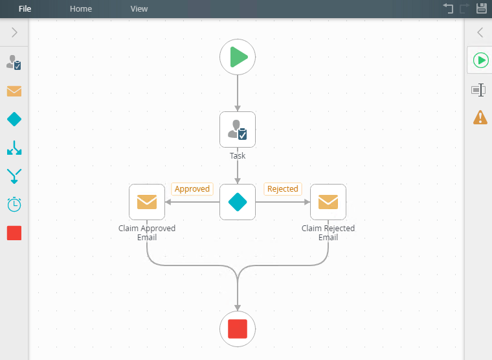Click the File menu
click(25, 9)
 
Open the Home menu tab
click(81, 9)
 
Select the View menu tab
click(139, 9)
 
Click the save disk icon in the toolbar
click(482, 8)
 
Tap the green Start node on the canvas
click(238, 57)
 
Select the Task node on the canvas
click(238, 129)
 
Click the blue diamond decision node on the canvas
click(238, 202)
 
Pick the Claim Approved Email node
click(147, 202)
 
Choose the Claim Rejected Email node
click(328, 202)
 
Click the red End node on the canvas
click(238, 329)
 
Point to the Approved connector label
click(192, 189)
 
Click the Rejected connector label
click(283, 189)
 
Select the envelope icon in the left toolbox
click(14, 91)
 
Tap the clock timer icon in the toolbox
click(14, 205)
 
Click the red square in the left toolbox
click(14, 233)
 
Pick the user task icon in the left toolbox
click(14, 63)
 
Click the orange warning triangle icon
click(480, 117)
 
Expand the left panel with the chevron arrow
click(14, 32)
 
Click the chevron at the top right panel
click(480, 32)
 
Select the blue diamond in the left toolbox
click(14, 119)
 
